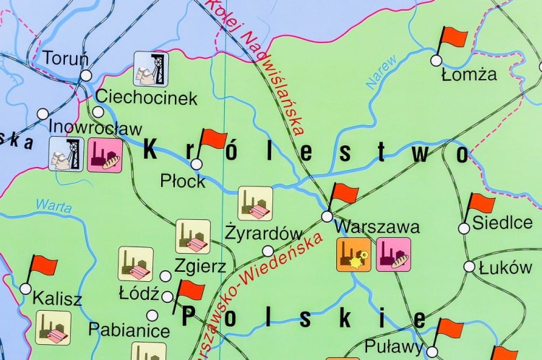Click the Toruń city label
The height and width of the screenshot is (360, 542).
click(x=66, y=58)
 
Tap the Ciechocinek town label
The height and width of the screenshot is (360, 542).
click(x=146, y=98)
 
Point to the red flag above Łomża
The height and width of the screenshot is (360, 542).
click(x=452, y=38)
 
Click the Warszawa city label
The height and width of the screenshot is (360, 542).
click(x=378, y=226)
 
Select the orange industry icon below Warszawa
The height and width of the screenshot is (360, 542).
click(x=354, y=254)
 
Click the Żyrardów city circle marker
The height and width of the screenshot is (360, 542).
click(x=268, y=251)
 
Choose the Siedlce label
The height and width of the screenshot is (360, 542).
click(x=502, y=222)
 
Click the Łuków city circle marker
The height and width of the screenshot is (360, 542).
click(x=470, y=267)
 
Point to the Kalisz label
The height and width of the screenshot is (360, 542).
click(x=58, y=299)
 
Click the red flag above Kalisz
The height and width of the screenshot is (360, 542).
click(x=43, y=267)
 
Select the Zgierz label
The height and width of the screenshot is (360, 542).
click(x=200, y=265)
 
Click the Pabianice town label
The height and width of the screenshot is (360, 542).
click(x=129, y=331)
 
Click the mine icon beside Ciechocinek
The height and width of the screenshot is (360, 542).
click(x=150, y=69)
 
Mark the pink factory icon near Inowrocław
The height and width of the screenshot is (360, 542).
click(x=105, y=155)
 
